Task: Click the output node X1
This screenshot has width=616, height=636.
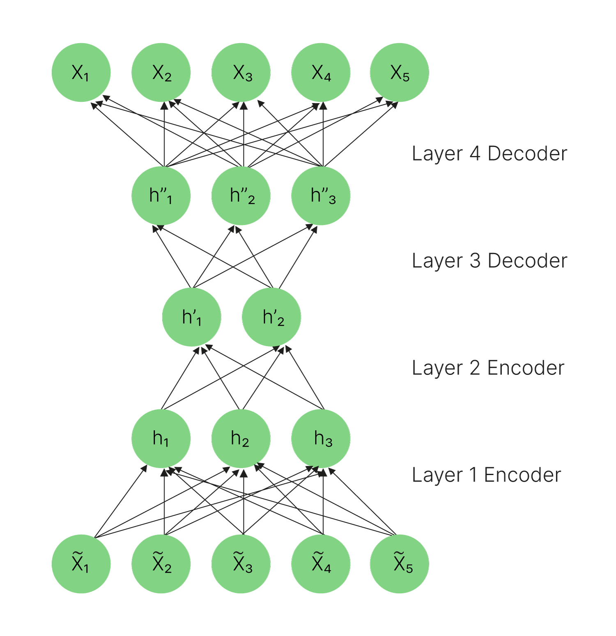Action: (x=81, y=73)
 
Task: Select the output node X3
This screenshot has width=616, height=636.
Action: (x=241, y=73)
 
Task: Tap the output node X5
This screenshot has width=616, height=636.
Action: (x=400, y=73)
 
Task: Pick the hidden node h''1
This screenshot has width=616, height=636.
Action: (x=161, y=196)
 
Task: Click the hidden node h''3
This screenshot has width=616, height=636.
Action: (x=321, y=196)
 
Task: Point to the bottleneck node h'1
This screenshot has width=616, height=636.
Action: (x=192, y=317)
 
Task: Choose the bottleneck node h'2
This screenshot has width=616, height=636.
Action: (x=271, y=317)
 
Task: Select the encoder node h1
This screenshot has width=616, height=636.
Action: (x=161, y=439)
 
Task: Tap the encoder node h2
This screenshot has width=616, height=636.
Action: (x=241, y=439)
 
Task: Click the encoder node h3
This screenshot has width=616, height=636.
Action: (x=321, y=439)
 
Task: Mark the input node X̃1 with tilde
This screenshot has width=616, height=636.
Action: (x=81, y=564)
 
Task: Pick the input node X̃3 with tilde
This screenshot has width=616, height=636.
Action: (x=241, y=564)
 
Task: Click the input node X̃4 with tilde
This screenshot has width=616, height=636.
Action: (x=321, y=564)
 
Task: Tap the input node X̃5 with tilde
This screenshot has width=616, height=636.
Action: (x=400, y=564)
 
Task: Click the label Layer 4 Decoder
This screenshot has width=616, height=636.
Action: (x=489, y=154)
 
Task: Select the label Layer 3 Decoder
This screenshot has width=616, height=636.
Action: (x=489, y=261)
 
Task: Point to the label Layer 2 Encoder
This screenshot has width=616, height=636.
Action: (x=488, y=368)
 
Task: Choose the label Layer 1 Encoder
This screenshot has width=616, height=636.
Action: (x=486, y=475)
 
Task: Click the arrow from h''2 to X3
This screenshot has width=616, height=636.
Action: (x=244, y=135)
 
